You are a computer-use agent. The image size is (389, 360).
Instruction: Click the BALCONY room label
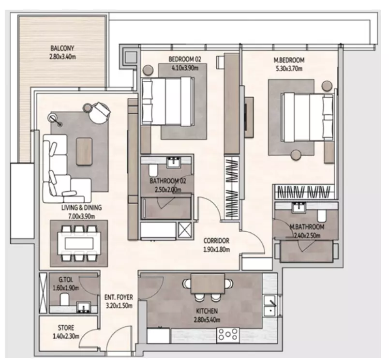(62, 48)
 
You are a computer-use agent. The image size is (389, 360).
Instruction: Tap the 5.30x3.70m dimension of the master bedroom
(289, 69)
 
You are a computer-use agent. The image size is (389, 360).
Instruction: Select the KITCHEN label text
(207, 311)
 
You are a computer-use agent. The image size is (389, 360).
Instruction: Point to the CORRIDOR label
(216, 240)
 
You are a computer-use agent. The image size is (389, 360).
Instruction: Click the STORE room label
(66, 328)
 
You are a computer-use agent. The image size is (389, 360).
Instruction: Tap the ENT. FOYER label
(119, 297)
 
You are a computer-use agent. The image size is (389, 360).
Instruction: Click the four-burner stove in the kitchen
(228, 335)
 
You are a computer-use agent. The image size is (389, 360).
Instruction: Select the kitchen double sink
(269, 306)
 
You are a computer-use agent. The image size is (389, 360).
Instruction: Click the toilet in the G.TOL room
(65, 299)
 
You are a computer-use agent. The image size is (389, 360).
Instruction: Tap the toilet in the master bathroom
(322, 216)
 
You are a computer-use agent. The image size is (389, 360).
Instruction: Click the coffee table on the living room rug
(84, 151)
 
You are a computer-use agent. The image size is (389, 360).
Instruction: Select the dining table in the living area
(79, 243)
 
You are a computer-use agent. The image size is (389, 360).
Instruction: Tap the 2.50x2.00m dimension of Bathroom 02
(168, 190)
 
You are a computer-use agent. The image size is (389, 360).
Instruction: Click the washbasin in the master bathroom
(299, 208)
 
